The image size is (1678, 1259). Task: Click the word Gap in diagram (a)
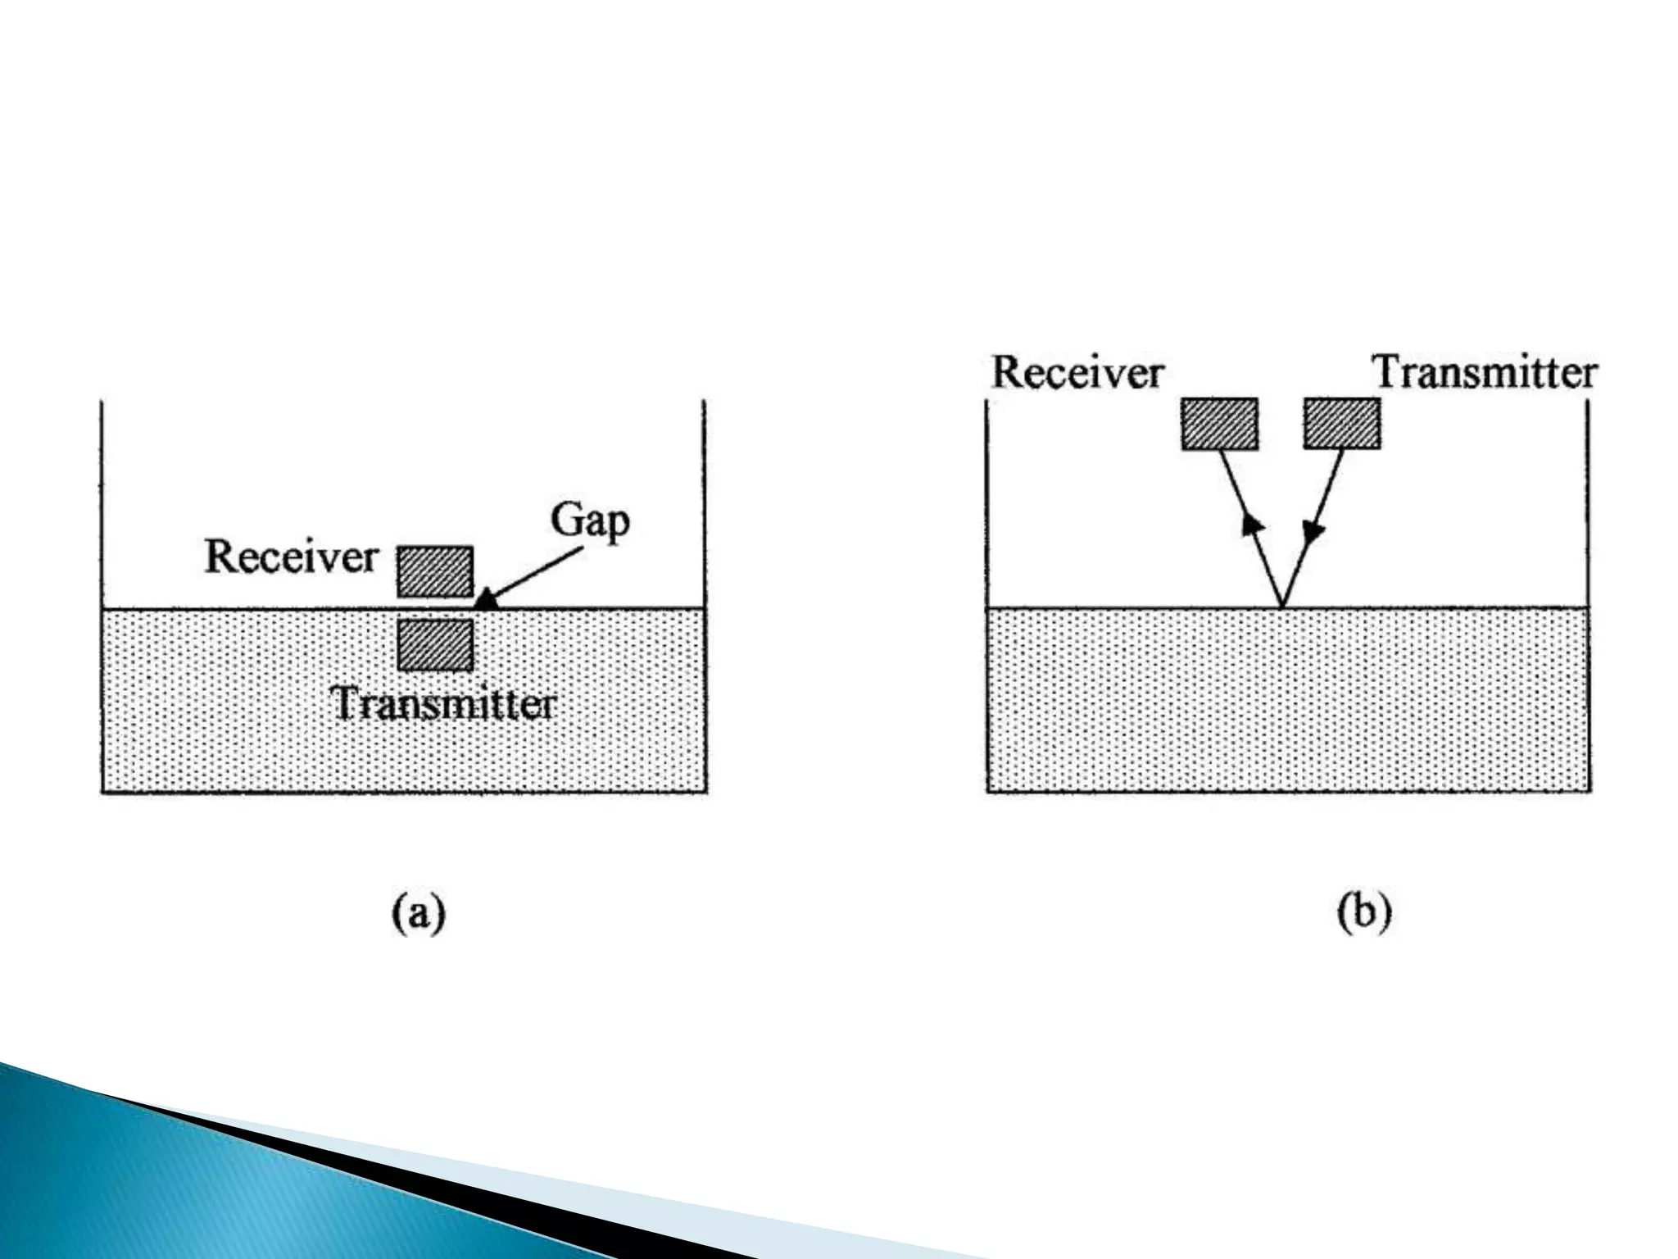589,520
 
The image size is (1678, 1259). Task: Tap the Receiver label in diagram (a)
291,557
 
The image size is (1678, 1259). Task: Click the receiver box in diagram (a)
435,571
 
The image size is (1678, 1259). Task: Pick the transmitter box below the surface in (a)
435,645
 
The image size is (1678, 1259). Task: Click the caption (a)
418,913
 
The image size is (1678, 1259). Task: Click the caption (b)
1364,913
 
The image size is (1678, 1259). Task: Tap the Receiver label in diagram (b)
1077,373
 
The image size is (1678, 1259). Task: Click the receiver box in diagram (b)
1219,424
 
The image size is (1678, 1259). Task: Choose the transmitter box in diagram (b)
1342,423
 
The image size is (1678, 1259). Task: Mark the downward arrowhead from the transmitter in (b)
1313,532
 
